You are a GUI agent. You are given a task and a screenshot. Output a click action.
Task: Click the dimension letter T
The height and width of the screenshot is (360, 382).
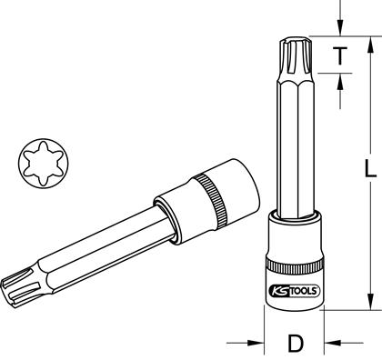pos(340,56)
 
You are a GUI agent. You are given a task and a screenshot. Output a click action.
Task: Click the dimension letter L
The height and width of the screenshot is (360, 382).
pos(369,168)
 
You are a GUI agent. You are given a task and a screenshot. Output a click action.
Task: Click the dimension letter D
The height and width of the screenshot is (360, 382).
pos(295,344)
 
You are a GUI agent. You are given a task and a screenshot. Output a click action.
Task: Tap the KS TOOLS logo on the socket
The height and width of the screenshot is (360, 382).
pos(294,291)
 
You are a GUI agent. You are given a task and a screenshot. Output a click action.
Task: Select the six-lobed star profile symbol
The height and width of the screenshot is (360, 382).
pos(43,164)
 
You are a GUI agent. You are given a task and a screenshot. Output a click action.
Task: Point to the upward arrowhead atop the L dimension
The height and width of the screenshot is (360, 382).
pos(370,46)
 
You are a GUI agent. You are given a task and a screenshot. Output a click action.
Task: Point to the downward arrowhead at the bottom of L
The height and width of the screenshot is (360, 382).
pos(370,301)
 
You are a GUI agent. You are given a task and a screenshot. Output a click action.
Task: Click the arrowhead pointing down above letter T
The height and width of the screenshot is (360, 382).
pos(340,28)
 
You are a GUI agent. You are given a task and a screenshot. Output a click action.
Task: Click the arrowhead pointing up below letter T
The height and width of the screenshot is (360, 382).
pos(340,82)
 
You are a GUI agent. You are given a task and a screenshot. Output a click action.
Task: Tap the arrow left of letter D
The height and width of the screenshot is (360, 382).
pos(246,343)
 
